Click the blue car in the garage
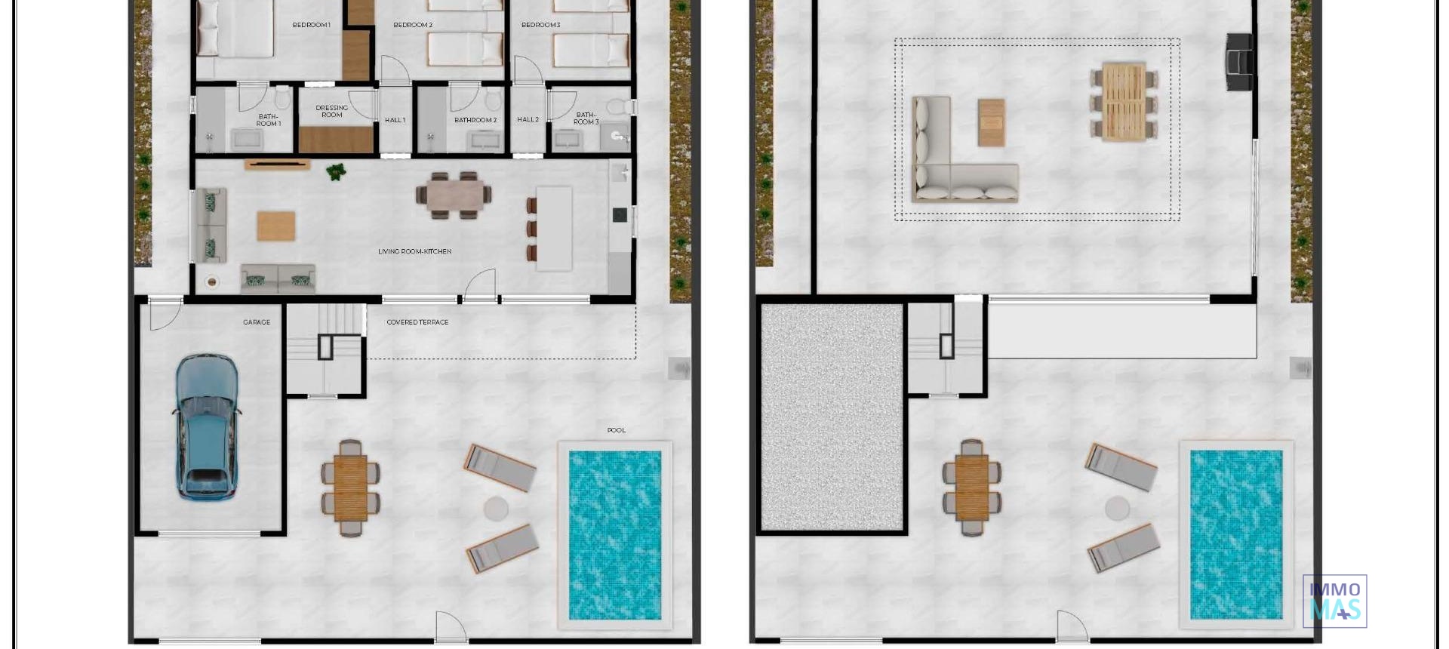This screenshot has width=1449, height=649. pyautogui.click(x=208, y=427)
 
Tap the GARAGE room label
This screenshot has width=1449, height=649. pyautogui.click(x=257, y=322)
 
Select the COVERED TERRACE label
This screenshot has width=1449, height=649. pyautogui.click(x=417, y=322)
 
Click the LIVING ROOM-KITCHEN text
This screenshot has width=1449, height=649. pyautogui.click(x=414, y=251)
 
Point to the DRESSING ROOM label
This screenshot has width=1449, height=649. pyautogui.click(x=332, y=111)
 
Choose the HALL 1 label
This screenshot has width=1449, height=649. pyautogui.click(x=395, y=120)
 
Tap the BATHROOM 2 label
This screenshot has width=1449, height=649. pyautogui.click(x=475, y=120)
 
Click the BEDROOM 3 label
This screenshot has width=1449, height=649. pyautogui.click(x=540, y=25)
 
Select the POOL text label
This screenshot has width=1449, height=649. pyautogui.click(x=617, y=430)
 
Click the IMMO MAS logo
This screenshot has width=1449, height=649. pyautogui.click(x=1334, y=601)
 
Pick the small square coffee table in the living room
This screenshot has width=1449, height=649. pyautogui.click(x=276, y=226)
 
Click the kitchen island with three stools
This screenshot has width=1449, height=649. pyautogui.click(x=554, y=226)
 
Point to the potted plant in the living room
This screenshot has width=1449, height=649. pyautogui.click(x=337, y=172)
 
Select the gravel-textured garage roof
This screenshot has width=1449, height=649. pyautogui.click(x=832, y=417)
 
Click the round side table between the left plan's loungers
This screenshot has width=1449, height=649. pyautogui.click(x=496, y=508)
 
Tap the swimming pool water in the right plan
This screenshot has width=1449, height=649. pyautogui.click(x=1236, y=534)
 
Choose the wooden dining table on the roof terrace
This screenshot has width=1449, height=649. pyautogui.click(x=1124, y=103)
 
